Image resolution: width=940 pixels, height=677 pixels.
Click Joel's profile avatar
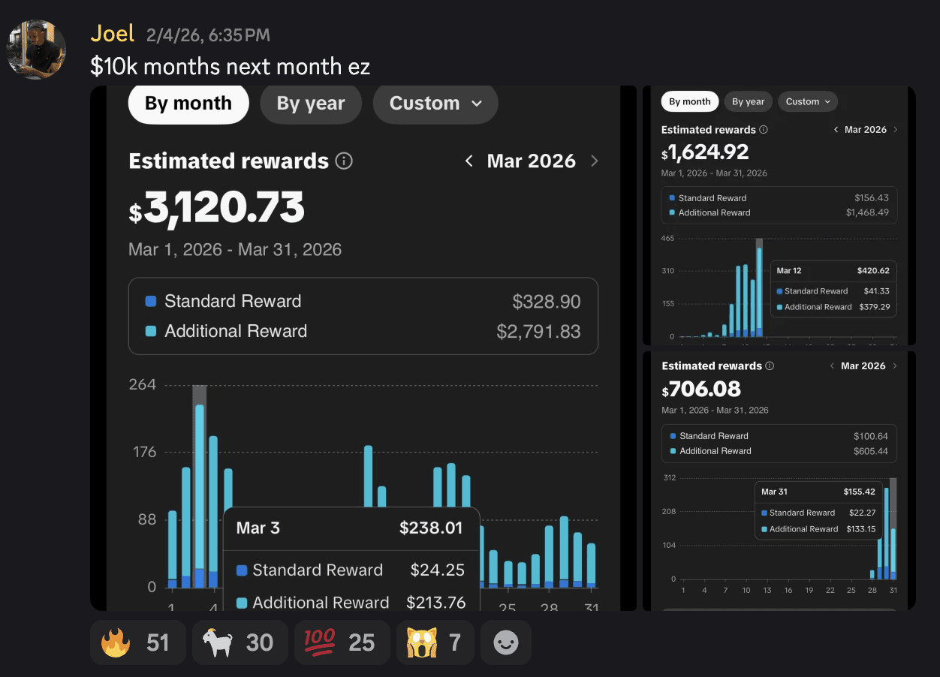coord(36,50)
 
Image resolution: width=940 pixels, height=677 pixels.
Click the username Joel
coord(113,34)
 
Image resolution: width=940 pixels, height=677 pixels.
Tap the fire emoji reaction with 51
coord(137,642)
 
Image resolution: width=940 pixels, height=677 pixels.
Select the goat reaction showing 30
coord(240,642)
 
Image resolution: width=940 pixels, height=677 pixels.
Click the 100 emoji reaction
coord(342,642)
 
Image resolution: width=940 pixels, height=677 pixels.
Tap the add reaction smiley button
coord(505,642)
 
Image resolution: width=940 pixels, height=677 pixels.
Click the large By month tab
coord(188,104)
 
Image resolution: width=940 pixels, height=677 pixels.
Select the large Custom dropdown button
coord(435,104)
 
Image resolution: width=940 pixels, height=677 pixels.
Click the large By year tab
coord(311,104)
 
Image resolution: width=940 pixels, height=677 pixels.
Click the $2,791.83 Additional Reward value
coord(538,331)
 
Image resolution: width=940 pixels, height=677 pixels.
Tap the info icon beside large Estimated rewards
coord(344,161)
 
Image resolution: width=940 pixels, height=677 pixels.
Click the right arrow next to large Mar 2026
coord(595,161)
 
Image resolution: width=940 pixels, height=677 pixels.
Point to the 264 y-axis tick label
coord(143,385)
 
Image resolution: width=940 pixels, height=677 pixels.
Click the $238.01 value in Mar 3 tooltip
coord(430,528)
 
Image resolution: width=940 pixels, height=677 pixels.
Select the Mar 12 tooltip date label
coord(789,271)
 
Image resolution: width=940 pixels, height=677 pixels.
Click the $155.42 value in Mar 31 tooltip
coord(859,492)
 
